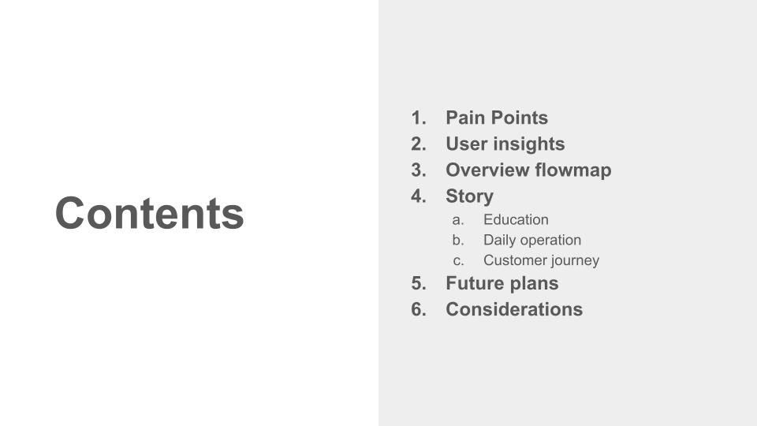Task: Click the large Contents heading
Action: [x=150, y=214]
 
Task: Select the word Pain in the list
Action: [x=464, y=118]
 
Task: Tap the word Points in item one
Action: [x=517, y=118]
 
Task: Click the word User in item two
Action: [x=466, y=144]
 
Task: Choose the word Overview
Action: [x=487, y=170]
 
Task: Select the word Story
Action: [x=469, y=196]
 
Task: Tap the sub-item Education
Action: [x=516, y=219]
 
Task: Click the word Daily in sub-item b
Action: [x=498, y=240]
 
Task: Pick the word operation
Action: [x=550, y=240]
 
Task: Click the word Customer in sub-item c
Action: [x=513, y=260]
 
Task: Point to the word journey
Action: [x=573, y=261]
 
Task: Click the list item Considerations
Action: [x=514, y=309]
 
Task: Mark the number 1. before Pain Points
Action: [x=419, y=118]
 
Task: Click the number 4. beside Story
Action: [x=419, y=196]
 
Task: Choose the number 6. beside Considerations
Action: [x=419, y=309]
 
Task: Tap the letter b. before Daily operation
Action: [x=458, y=240]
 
